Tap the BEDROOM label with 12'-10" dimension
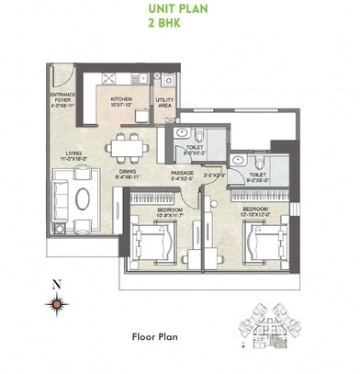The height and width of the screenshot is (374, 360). click(x=256, y=211)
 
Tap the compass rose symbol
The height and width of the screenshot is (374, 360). click(x=57, y=303)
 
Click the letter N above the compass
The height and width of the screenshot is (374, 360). click(x=57, y=284)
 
